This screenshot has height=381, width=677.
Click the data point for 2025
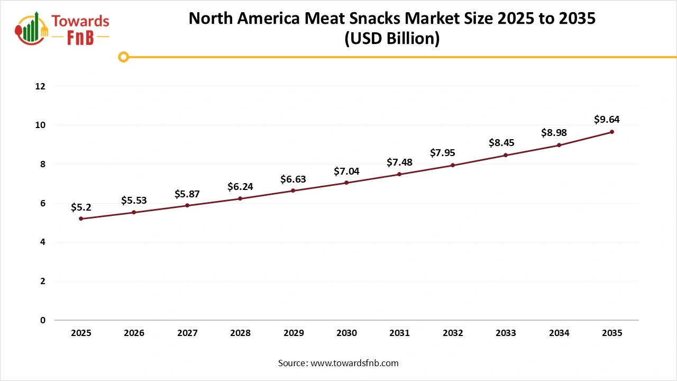(x=81, y=219)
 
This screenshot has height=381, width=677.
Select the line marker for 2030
(x=346, y=183)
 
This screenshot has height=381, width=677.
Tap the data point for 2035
(x=612, y=132)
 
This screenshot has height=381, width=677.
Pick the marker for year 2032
(x=453, y=165)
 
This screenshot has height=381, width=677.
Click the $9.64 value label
(x=607, y=120)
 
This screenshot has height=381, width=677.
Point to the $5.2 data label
(x=81, y=207)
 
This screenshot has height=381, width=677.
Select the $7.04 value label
(x=346, y=171)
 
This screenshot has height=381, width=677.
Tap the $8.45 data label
(x=501, y=142)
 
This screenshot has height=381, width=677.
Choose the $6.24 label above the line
(x=240, y=186)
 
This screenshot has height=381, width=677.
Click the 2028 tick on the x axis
(x=240, y=333)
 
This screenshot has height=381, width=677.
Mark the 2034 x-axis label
(x=559, y=333)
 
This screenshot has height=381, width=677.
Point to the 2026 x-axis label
(x=134, y=333)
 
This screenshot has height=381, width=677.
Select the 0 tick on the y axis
(x=43, y=320)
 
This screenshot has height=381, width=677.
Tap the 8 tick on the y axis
(x=43, y=164)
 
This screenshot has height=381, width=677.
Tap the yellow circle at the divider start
(x=124, y=57)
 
